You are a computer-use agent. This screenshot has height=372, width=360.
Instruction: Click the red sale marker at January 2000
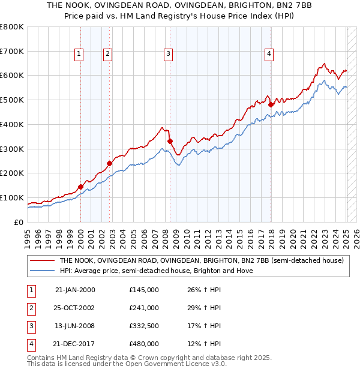tap(80, 187)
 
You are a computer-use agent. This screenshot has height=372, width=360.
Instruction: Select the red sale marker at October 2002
tap(110, 163)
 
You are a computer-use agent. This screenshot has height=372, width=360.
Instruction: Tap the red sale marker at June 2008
tap(170, 141)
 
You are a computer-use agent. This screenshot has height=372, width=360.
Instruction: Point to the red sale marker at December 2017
tap(271, 104)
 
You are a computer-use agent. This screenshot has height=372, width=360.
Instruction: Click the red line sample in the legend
tap(42, 261)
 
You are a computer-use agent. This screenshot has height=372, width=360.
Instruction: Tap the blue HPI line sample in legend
tap(42, 271)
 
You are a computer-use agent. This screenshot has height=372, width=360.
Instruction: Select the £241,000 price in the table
tap(144, 308)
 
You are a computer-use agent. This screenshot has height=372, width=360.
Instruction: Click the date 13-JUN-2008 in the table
tap(75, 326)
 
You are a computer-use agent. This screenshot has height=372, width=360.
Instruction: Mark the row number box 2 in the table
tap(31, 308)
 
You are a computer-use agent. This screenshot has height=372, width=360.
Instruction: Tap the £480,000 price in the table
tap(144, 344)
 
